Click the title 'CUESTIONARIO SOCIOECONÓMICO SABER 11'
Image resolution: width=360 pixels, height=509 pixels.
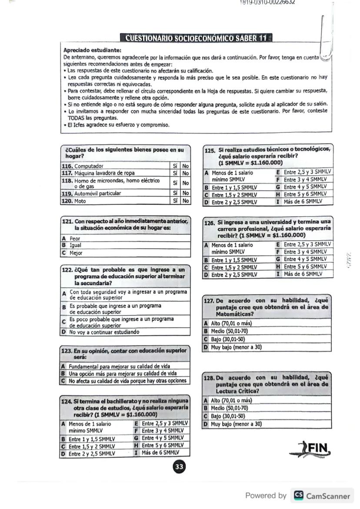click(x=195, y=38)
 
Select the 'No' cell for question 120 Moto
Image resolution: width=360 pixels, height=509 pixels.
click(x=186, y=201)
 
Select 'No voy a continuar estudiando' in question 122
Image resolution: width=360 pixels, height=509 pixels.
click(x=104, y=332)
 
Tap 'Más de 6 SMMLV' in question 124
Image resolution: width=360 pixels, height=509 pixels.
click(x=160, y=452)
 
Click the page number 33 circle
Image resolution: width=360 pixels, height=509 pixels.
click(x=179, y=467)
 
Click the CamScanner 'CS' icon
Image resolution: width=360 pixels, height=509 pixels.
click(x=298, y=496)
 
